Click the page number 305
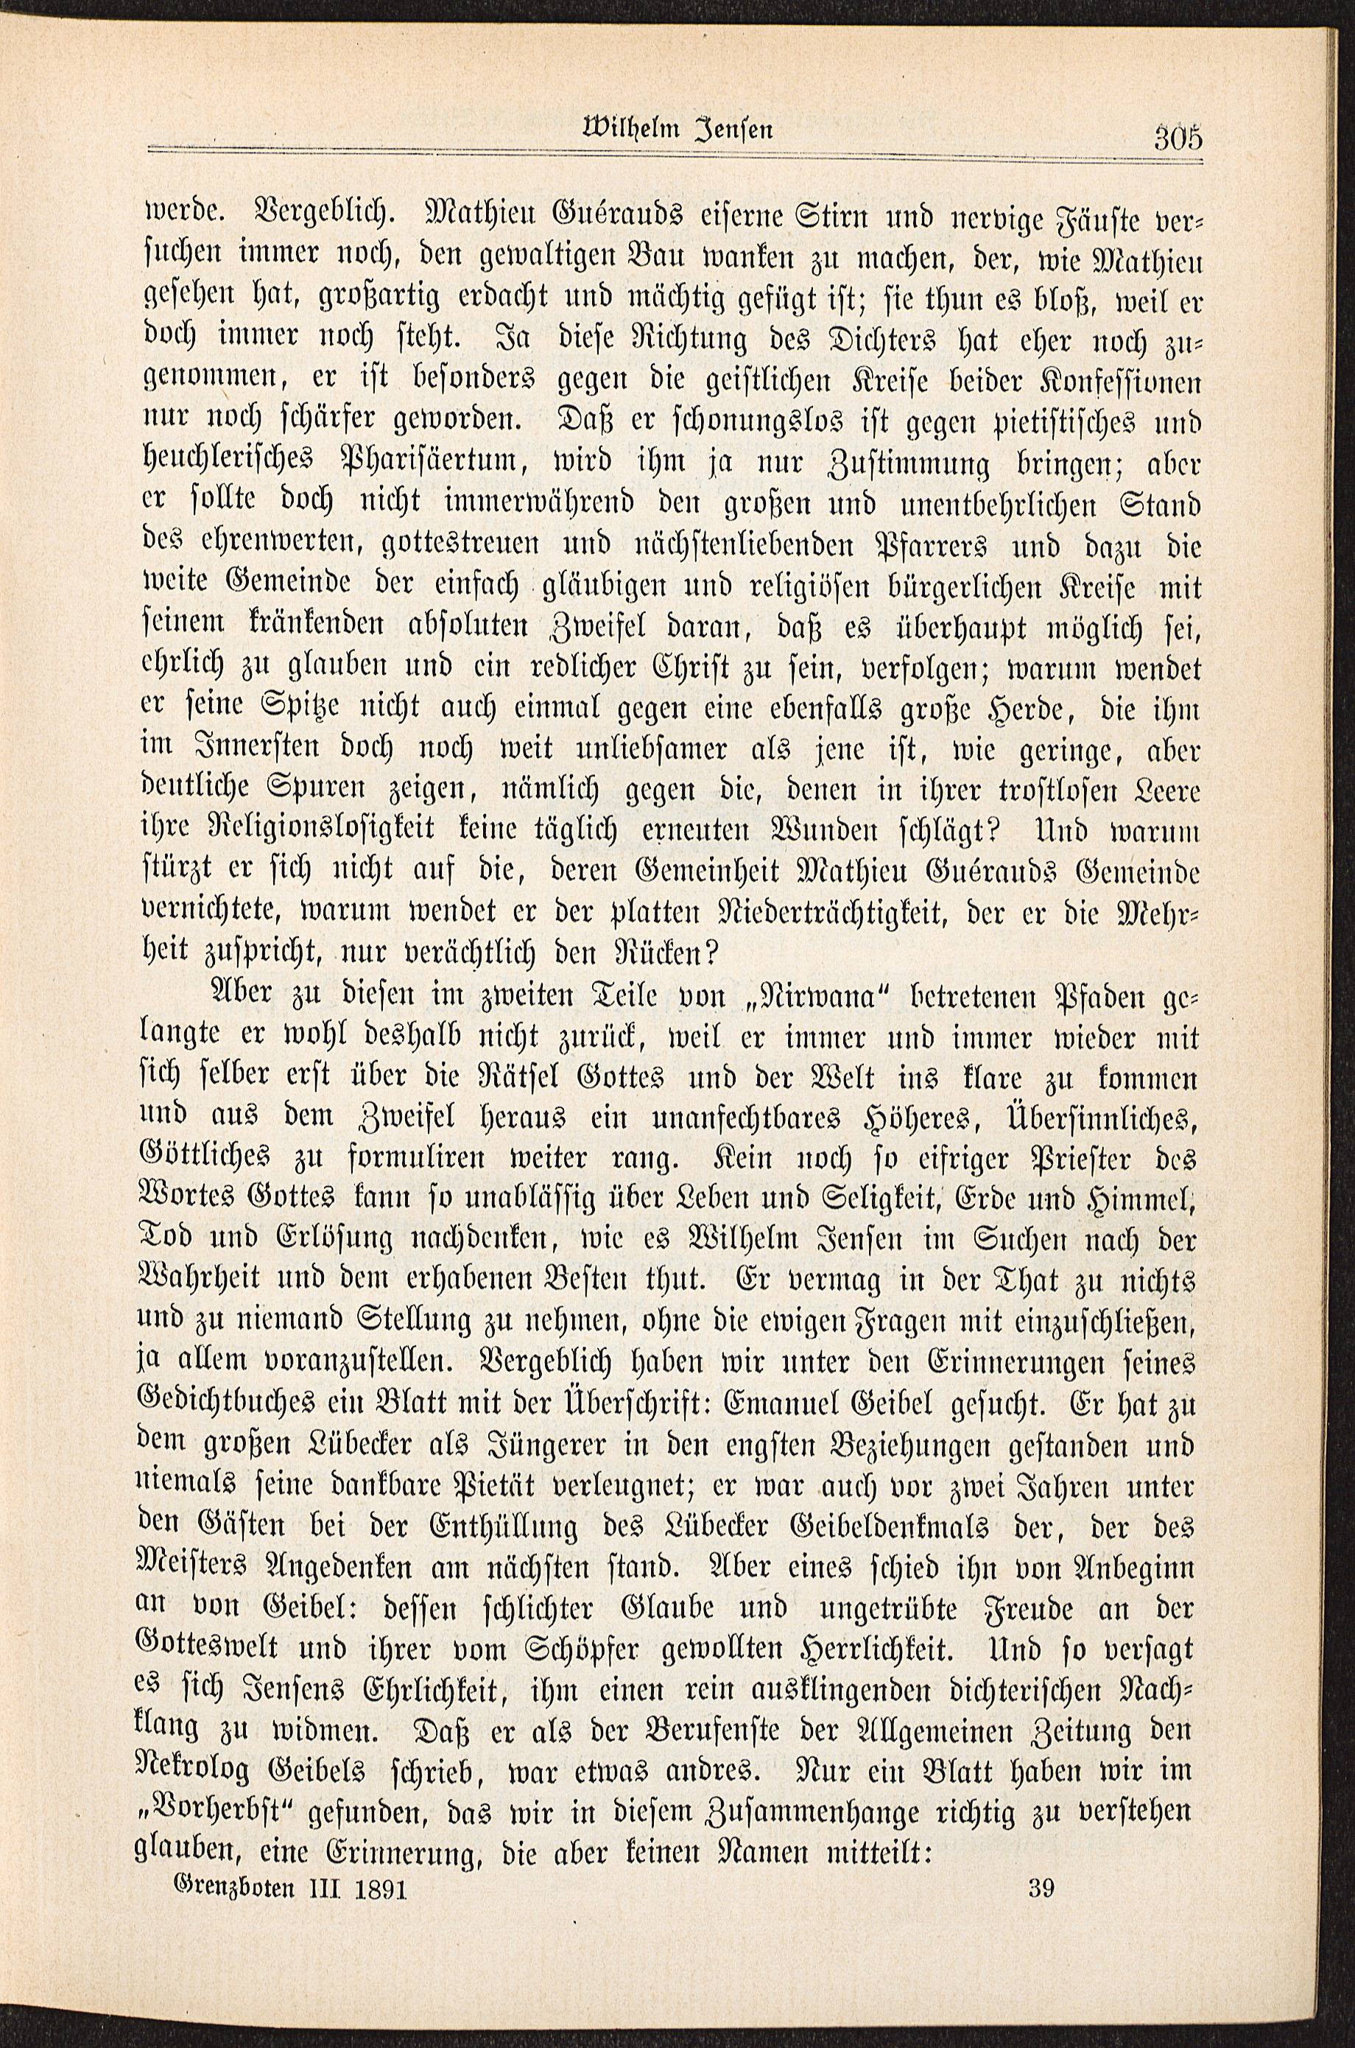1177,138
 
